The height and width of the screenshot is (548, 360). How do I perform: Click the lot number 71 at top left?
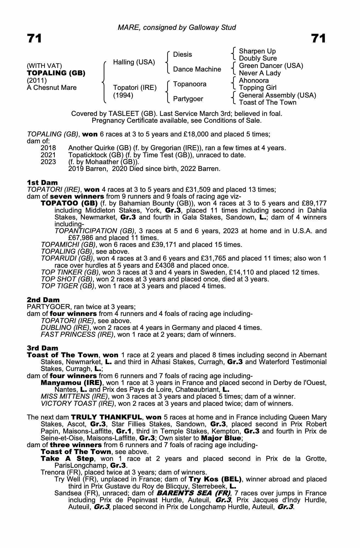click(34, 38)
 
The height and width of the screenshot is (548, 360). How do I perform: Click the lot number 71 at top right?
click(318, 38)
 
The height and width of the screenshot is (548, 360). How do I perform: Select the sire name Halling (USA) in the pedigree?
click(134, 62)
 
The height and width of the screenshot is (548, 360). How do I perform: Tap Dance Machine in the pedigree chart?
click(197, 69)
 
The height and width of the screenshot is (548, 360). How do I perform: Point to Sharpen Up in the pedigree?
click(257, 51)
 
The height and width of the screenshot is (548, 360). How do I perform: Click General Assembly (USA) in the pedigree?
click(278, 95)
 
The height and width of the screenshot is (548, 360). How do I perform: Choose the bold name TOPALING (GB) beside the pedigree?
click(56, 73)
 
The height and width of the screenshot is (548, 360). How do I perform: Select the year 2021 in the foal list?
click(48, 155)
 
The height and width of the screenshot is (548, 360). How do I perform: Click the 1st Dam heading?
click(42, 182)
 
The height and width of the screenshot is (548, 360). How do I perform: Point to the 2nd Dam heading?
click(43, 300)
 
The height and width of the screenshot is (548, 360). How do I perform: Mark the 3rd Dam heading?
click(42, 348)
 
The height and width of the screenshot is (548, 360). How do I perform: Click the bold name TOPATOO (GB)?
click(69, 203)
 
